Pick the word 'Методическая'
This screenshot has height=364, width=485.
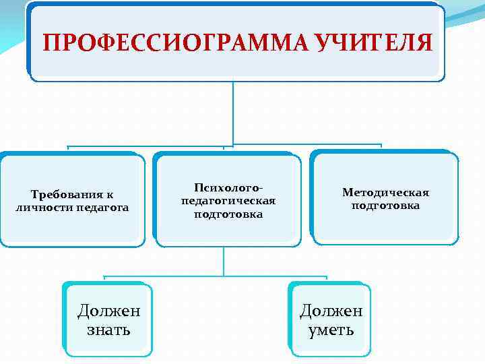[385, 192]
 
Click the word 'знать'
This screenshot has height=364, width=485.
[108, 330]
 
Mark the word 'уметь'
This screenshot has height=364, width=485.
[331, 330]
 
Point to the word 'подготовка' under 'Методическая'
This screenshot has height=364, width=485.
[385, 206]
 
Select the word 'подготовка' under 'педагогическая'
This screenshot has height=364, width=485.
[228, 214]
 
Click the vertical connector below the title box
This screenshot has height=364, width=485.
[233, 112]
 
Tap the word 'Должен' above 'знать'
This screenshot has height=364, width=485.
[108, 311]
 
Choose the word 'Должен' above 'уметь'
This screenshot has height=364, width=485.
[331, 311]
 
